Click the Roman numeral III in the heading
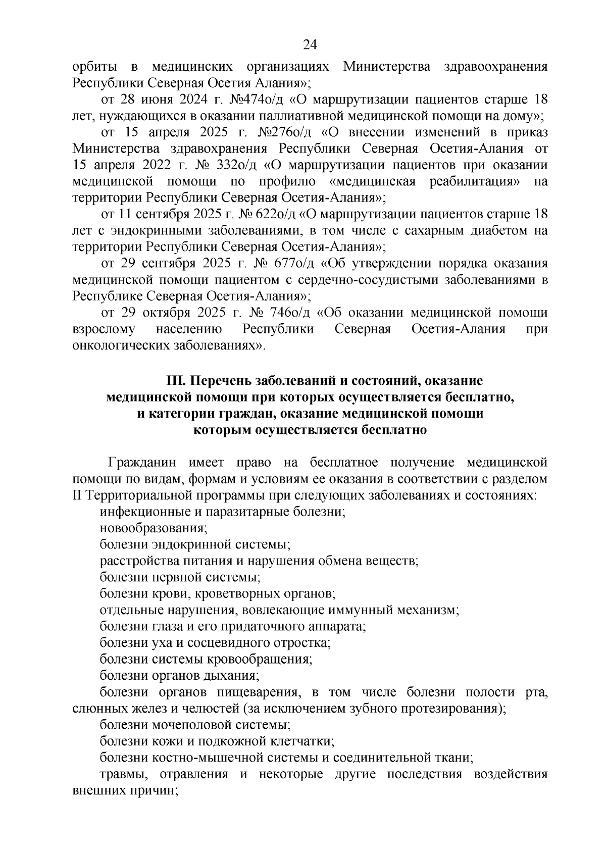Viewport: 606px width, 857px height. tap(177, 380)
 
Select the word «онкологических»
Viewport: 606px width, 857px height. tap(122, 346)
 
